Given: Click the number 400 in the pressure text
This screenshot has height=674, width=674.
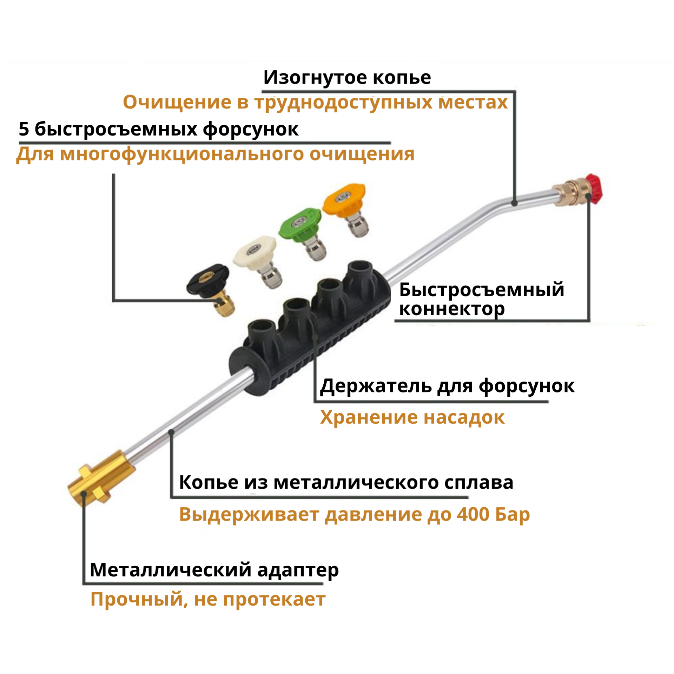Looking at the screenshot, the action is click(473, 515).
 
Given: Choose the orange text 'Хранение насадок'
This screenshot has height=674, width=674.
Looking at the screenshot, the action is click(412, 417).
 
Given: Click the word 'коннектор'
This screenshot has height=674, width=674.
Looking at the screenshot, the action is click(452, 309).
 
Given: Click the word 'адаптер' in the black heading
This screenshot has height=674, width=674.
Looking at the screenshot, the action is click(298, 570).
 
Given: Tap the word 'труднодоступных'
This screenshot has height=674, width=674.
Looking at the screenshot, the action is click(344, 103).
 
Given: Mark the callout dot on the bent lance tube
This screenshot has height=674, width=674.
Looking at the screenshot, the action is click(514, 203).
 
